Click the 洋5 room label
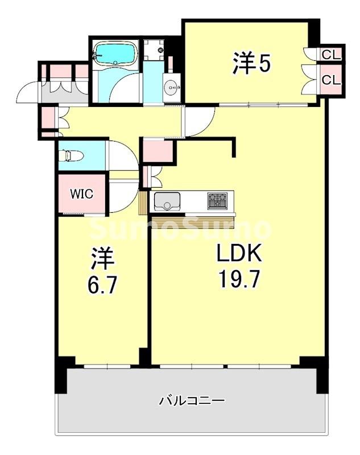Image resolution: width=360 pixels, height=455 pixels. [250, 63]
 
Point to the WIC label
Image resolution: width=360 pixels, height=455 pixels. [81, 193]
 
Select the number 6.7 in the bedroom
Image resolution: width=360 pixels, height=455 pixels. [103, 285]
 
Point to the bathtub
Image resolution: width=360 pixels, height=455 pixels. [115, 54]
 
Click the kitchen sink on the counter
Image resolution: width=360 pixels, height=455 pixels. [167, 200]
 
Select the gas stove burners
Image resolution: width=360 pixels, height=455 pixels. [216, 200]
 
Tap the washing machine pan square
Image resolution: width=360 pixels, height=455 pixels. [153, 50]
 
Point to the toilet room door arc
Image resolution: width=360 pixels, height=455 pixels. [122, 155]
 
